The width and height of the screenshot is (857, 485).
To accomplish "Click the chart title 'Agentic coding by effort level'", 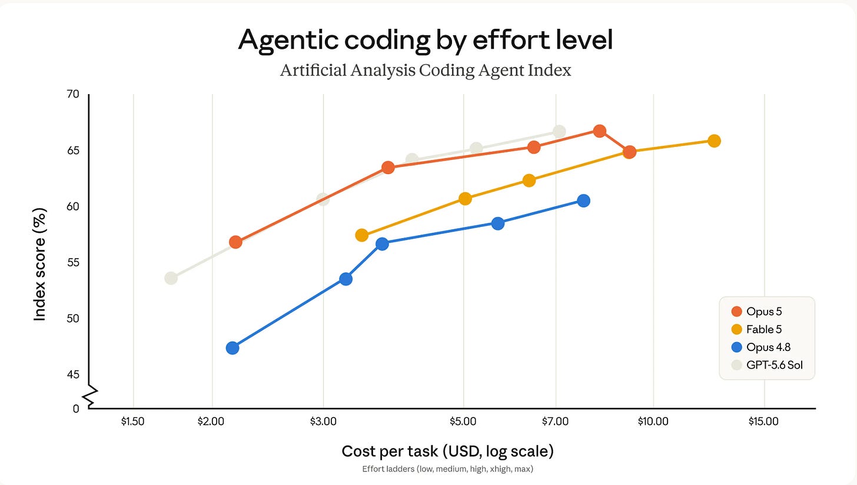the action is pyautogui.click(x=425, y=40).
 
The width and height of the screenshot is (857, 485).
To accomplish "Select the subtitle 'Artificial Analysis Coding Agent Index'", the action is pyautogui.click(x=426, y=71).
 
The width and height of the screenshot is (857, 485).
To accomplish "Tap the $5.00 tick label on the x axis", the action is pyautogui.click(x=463, y=422).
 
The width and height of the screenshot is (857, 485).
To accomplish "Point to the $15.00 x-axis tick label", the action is pyautogui.click(x=763, y=422).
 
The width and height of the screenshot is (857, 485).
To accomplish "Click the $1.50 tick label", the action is pyautogui.click(x=133, y=422).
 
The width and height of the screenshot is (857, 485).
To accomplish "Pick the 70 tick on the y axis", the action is pyautogui.click(x=73, y=94).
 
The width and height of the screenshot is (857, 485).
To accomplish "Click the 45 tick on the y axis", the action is pyautogui.click(x=73, y=374).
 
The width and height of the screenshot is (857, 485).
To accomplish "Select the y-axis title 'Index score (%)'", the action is pyautogui.click(x=39, y=265).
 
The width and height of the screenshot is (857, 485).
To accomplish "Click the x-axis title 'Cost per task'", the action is pyautogui.click(x=390, y=451).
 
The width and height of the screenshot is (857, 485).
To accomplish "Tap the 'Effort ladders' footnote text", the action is pyautogui.click(x=447, y=469).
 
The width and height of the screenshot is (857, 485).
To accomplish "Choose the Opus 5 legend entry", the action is pyautogui.click(x=756, y=312).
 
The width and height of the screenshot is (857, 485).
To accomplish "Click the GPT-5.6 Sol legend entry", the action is pyautogui.click(x=767, y=365).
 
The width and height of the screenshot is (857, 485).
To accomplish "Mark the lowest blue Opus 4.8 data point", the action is pyautogui.click(x=232, y=348).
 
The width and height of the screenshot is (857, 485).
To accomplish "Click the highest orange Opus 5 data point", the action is pyautogui.click(x=600, y=131).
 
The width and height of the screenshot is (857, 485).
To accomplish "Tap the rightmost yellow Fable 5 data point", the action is pyautogui.click(x=715, y=141).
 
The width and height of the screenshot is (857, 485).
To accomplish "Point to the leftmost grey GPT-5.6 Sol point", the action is pyautogui.click(x=171, y=278).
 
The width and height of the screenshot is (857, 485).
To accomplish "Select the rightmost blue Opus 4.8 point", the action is pyautogui.click(x=583, y=200).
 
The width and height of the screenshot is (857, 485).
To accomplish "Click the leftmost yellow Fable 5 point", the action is pyautogui.click(x=362, y=235).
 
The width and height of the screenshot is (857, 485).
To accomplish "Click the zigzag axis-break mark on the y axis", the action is pyautogui.click(x=90, y=396).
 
